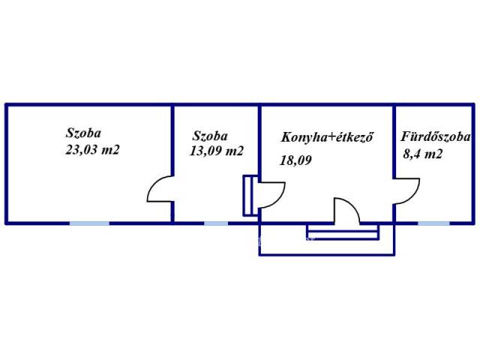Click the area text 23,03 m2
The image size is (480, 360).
coord(93,150)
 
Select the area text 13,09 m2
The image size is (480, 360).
coord(217,151)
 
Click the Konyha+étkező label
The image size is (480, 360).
coord(327,137)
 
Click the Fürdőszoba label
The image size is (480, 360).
coord(435,137)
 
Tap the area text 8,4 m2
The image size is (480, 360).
coord(422,156)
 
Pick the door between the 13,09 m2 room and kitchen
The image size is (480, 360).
coord(267,195)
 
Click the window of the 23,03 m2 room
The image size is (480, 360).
coord(89,223)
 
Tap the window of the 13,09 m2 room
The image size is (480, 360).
coord(216,223)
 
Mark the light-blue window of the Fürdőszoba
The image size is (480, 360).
coord(433,223)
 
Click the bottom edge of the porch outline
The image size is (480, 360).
coord(325,256)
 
